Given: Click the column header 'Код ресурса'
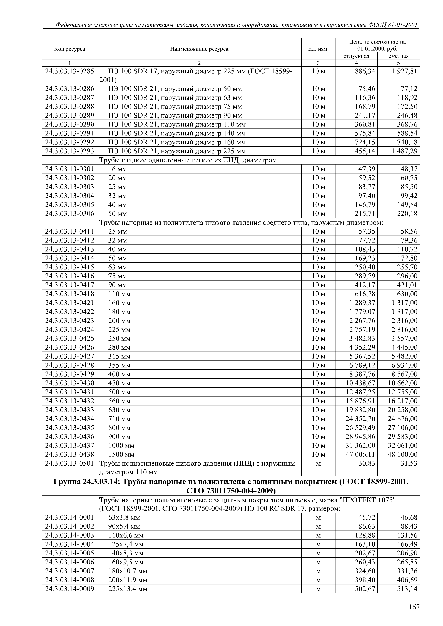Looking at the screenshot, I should pyautogui.click(x=70, y=49).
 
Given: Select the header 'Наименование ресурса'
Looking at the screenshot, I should pyautogui.click(x=199, y=49).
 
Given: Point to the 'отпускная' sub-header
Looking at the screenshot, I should pyautogui.click(x=356, y=56).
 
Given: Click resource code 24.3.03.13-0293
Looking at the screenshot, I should pyautogui.click(x=70, y=151).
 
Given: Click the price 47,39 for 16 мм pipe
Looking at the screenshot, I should pyautogui.click(x=367, y=169).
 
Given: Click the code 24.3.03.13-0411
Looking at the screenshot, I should pyautogui.click(x=70, y=231).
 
